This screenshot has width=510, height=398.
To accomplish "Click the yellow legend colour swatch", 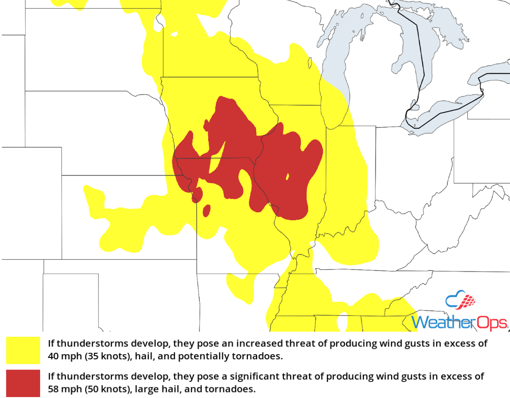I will coord(23,350).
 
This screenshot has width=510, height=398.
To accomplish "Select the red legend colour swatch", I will coord(23,383).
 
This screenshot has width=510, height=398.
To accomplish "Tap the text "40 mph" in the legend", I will coord(63,356).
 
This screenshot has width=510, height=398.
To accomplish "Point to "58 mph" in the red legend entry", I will coord(63,389).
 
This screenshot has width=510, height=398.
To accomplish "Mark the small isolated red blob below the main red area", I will coord(206,211).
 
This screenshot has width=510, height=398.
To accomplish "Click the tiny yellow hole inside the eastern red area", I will coord(287,176).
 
